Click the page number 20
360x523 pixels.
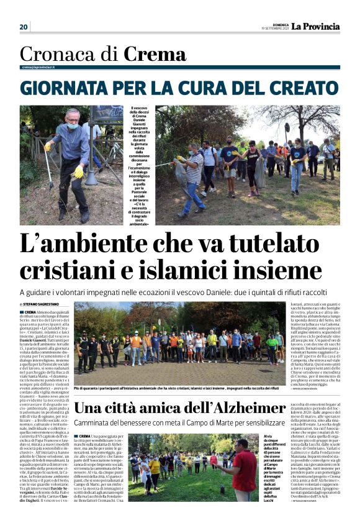(24, 27)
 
